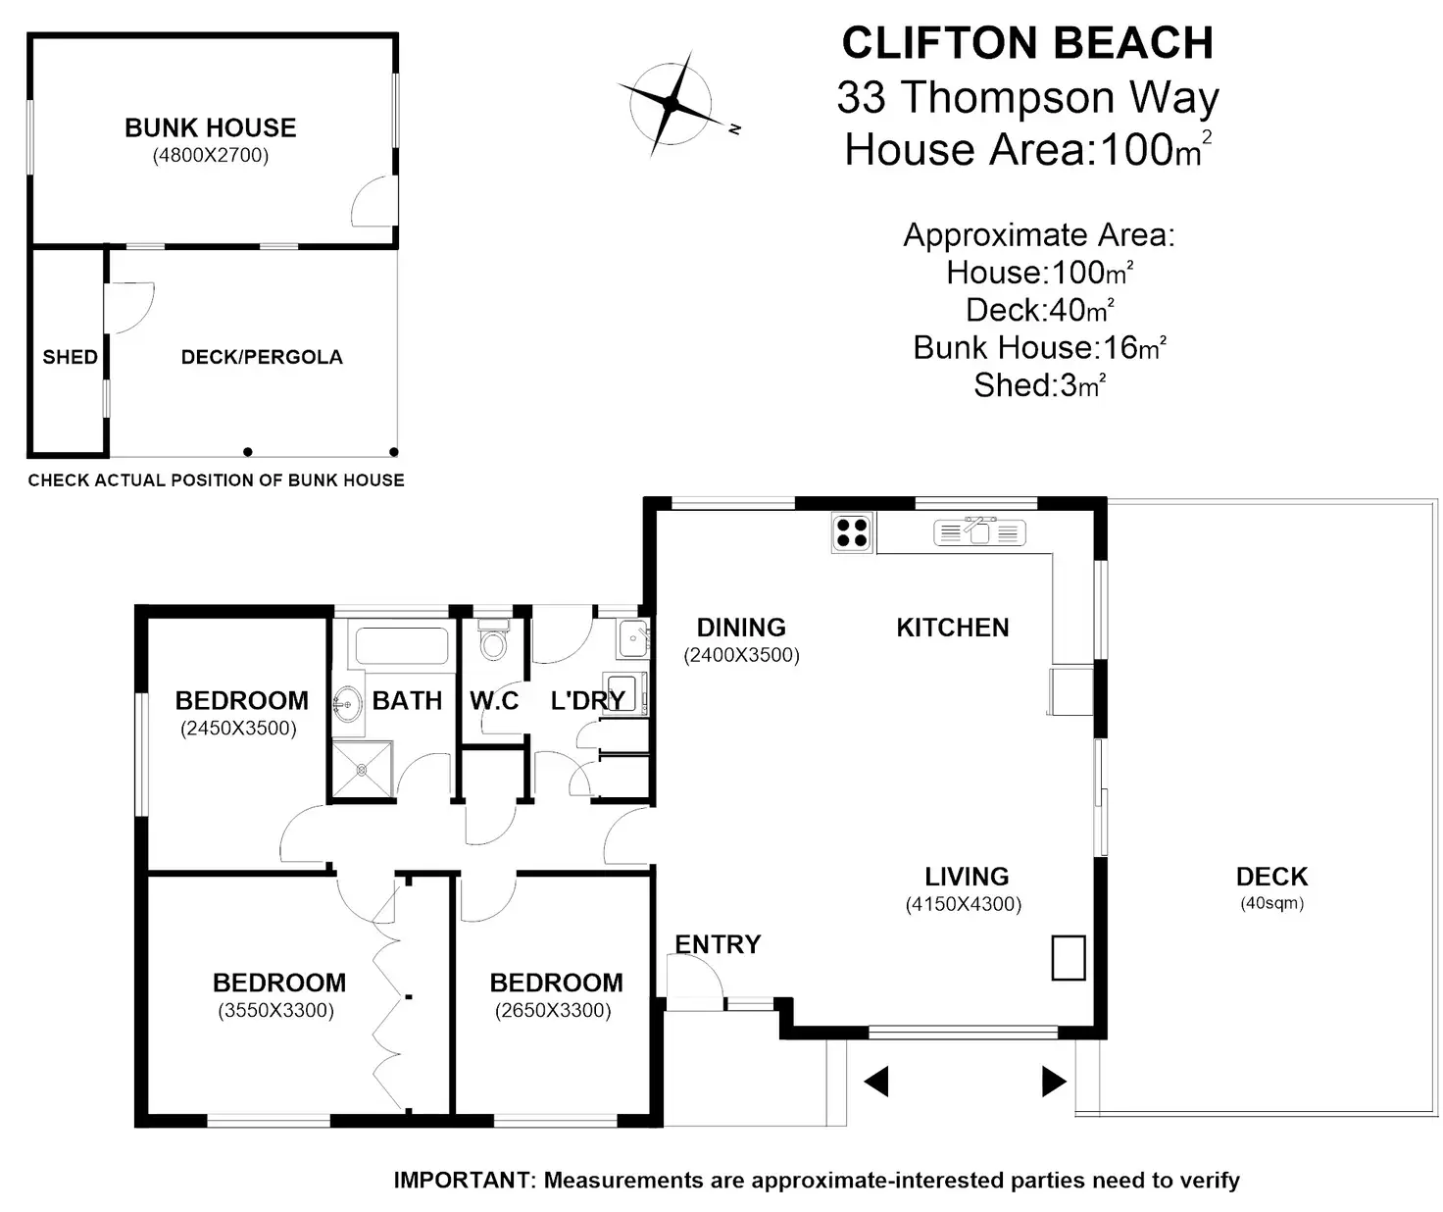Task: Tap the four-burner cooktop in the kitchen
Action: (x=852, y=533)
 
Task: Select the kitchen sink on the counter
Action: (x=979, y=530)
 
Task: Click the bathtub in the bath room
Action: (x=402, y=646)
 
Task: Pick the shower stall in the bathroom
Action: (x=362, y=768)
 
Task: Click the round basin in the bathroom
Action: (x=348, y=704)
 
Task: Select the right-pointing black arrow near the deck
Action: (x=1054, y=1082)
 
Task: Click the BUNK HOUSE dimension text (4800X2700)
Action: (x=211, y=155)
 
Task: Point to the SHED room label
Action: (x=70, y=357)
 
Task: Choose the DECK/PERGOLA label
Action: (x=262, y=357)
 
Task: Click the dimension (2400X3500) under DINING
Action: (x=741, y=655)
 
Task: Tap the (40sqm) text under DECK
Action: (x=1271, y=903)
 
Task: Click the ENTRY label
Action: (x=718, y=944)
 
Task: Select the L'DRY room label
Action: (x=588, y=700)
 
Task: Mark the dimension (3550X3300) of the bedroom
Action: (x=275, y=1010)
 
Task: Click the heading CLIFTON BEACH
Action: (x=1027, y=43)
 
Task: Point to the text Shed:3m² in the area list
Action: (x=1040, y=384)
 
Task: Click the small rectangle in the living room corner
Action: (x=1069, y=958)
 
